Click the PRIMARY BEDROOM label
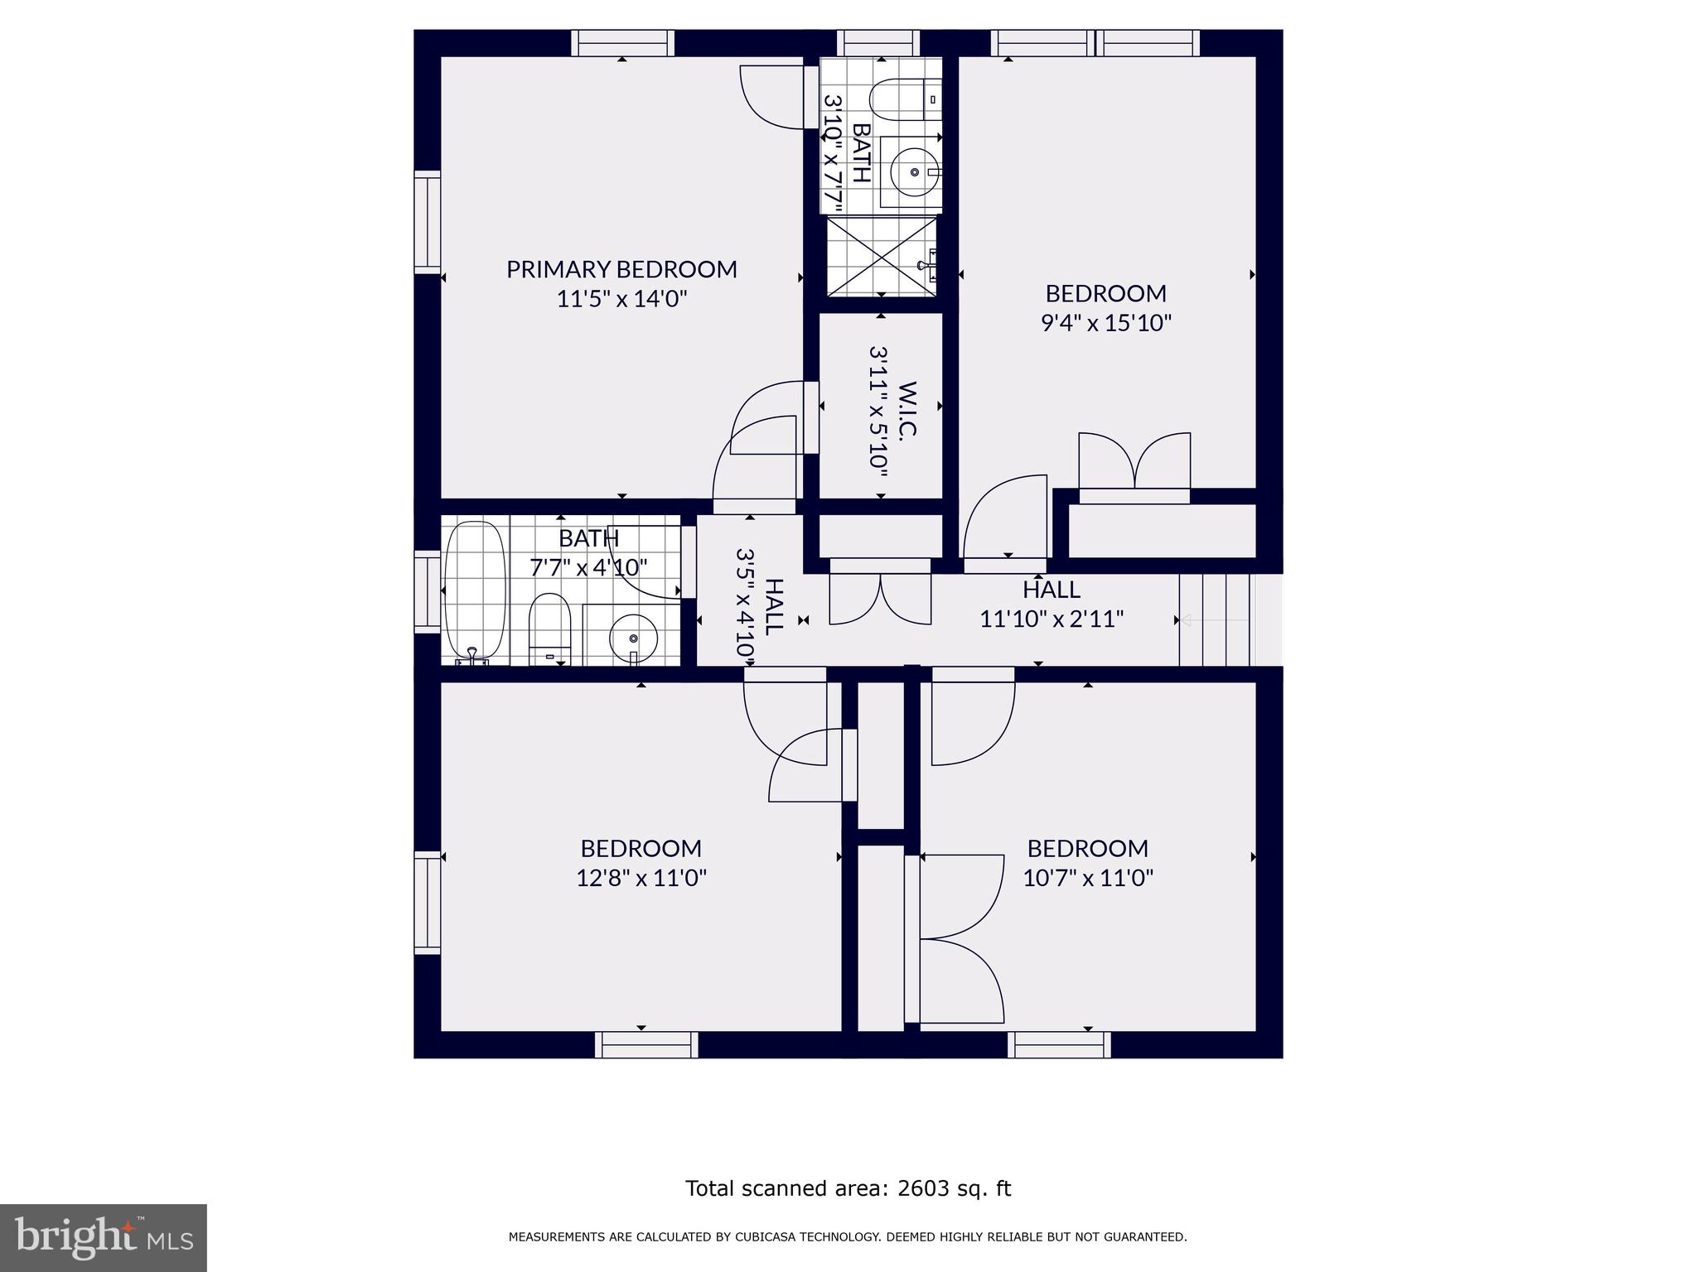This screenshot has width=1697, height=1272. coord(621,269)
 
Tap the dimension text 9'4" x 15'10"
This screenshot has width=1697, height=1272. coord(1106,322)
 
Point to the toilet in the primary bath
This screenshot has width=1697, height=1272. coord(903,99)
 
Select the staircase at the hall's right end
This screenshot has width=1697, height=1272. coord(1215,620)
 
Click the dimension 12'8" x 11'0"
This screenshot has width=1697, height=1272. coord(641,877)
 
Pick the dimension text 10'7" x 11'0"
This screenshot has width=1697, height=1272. coord(1088,877)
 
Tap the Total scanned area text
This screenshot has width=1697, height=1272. coord(848,1188)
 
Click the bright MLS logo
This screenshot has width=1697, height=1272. coord(104,1237)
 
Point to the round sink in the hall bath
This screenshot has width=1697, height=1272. coord(633,638)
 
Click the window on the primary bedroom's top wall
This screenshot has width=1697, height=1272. coord(622,43)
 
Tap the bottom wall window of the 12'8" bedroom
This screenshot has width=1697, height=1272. coord(646,1044)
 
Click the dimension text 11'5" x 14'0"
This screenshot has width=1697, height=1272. coord(621,298)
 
